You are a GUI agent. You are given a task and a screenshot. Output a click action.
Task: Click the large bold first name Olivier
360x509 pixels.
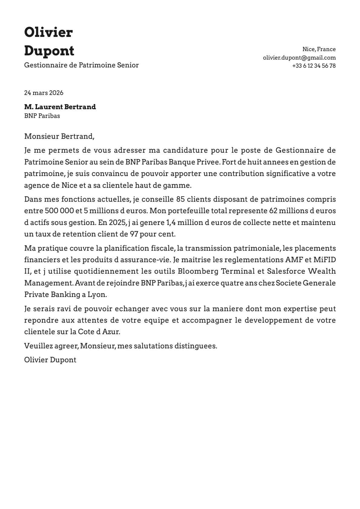pyautogui.click(x=48, y=32)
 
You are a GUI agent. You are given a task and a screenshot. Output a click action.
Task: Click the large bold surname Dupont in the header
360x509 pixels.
pyautogui.click(x=49, y=51)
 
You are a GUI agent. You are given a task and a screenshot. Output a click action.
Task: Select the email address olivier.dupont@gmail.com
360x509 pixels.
pyautogui.click(x=299, y=57)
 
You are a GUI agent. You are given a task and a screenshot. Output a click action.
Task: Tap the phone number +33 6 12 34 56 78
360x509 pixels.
pyautogui.click(x=314, y=66)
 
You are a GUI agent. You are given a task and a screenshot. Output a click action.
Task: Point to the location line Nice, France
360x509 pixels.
pyautogui.click(x=319, y=49)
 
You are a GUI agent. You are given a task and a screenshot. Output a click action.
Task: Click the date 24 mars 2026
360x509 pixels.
pyautogui.click(x=44, y=93)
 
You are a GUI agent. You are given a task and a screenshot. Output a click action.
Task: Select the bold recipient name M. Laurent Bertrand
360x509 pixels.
pyautogui.click(x=60, y=107)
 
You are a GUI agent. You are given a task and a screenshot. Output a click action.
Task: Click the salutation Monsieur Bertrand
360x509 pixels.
pyautogui.click(x=59, y=136)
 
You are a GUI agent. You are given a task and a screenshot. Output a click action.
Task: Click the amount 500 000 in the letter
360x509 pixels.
pyautogui.click(x=58, y=211)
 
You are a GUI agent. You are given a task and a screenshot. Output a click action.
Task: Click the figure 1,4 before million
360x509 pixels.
pyautogui.click(x=171, y=223)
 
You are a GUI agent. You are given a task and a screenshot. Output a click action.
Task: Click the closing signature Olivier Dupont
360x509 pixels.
pyautogui.click(x=50, y=360)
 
